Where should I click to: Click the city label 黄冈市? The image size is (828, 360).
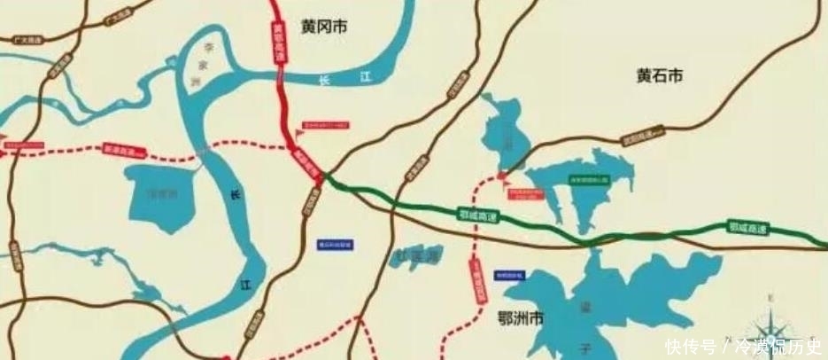coord(323,27)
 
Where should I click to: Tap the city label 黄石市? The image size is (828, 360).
coord(660,76)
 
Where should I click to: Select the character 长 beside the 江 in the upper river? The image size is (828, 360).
coord(324,81)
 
